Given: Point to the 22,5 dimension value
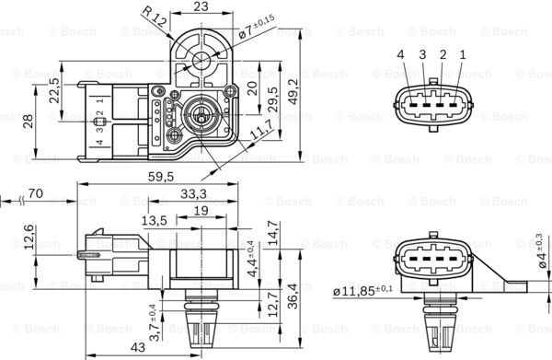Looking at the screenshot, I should pos(54,95).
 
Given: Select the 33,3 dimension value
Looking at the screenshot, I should pos(191,194).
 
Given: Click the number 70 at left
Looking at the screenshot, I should pos(38,194).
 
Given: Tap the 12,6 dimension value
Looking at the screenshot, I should pos(29,237).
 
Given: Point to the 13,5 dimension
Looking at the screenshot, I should pos(154,221).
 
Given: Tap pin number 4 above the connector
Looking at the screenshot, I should pos(401,54).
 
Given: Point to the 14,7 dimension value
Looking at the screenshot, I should pos(271,231).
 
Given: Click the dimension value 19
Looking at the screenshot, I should pos(201,211).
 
